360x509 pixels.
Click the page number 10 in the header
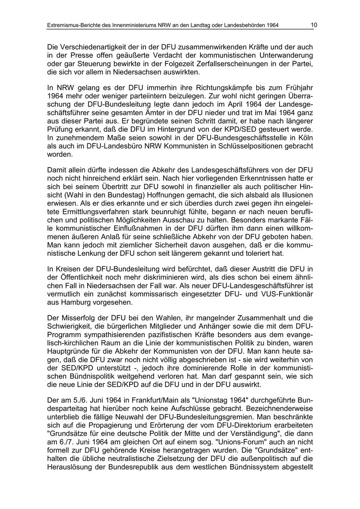(314, 25)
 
